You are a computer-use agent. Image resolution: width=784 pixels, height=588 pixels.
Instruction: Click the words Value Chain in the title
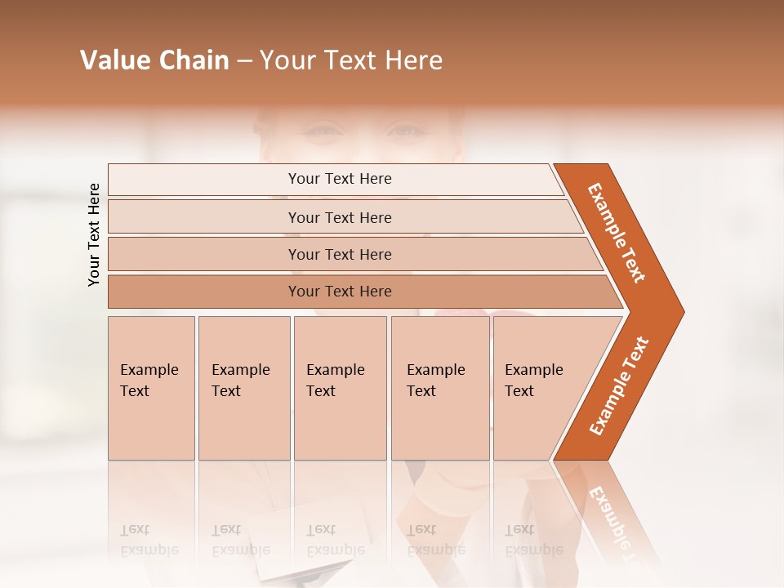(x=154, y=60)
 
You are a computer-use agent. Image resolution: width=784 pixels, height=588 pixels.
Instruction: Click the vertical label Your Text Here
(x=94, y=235)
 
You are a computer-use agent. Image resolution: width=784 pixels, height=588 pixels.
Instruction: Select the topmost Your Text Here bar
(x=339, y=179)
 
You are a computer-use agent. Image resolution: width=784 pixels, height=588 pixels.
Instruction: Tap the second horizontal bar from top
(x=339, y=217)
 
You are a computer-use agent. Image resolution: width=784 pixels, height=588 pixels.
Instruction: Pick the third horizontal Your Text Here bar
(x=339, y=254)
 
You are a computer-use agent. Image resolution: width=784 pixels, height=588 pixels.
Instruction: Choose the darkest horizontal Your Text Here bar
(x=339, y=292)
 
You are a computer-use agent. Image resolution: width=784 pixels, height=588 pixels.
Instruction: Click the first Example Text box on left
(x=151, y=387)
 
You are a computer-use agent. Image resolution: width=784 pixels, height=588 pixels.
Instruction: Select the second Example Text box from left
(x=243, y=387)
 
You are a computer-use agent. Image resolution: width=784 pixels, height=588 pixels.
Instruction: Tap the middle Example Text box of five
(x=340, y=387)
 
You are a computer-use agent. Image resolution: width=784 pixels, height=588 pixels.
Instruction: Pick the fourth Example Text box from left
(x=439, y=387)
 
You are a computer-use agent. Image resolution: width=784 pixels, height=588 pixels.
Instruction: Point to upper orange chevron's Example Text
(x=617, y=234)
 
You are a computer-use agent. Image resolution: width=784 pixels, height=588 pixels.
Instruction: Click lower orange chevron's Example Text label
(x=619, y=386)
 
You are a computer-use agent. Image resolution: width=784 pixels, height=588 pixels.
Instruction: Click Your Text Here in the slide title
(x=351, y=60)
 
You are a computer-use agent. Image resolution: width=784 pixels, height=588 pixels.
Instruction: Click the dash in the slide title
(x=244, y=61)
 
